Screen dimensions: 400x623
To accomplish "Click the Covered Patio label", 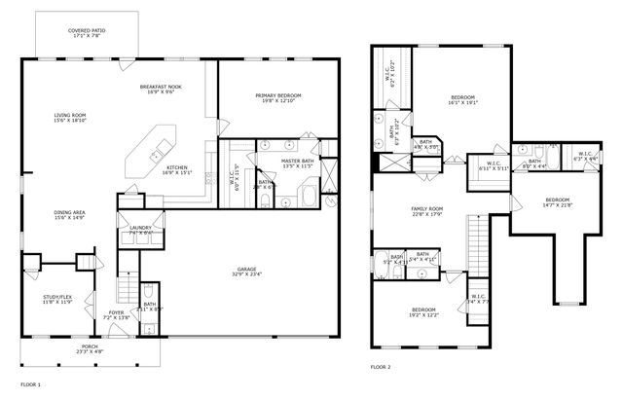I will coord(87,34).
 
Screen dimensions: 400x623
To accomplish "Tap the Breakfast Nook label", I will coord(162,90).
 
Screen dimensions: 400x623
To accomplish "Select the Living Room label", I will coord(69,119).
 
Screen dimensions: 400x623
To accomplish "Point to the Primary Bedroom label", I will coord(278,98).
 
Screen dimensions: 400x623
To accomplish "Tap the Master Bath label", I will coord(297,164).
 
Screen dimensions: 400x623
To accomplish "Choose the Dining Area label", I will coord(69,214).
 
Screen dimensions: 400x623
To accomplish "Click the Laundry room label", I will coord(139,230).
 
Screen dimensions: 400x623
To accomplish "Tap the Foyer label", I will coord(116,315).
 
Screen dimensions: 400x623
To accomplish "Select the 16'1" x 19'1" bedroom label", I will coord(463,101).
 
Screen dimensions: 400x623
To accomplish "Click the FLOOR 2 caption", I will coord(381,367).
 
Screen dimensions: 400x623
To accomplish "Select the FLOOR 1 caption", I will coord(31,384).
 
